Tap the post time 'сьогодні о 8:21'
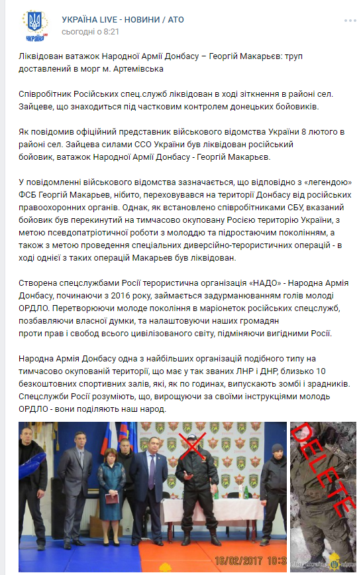90,32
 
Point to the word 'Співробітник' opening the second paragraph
47,94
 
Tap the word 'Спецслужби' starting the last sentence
44,397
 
